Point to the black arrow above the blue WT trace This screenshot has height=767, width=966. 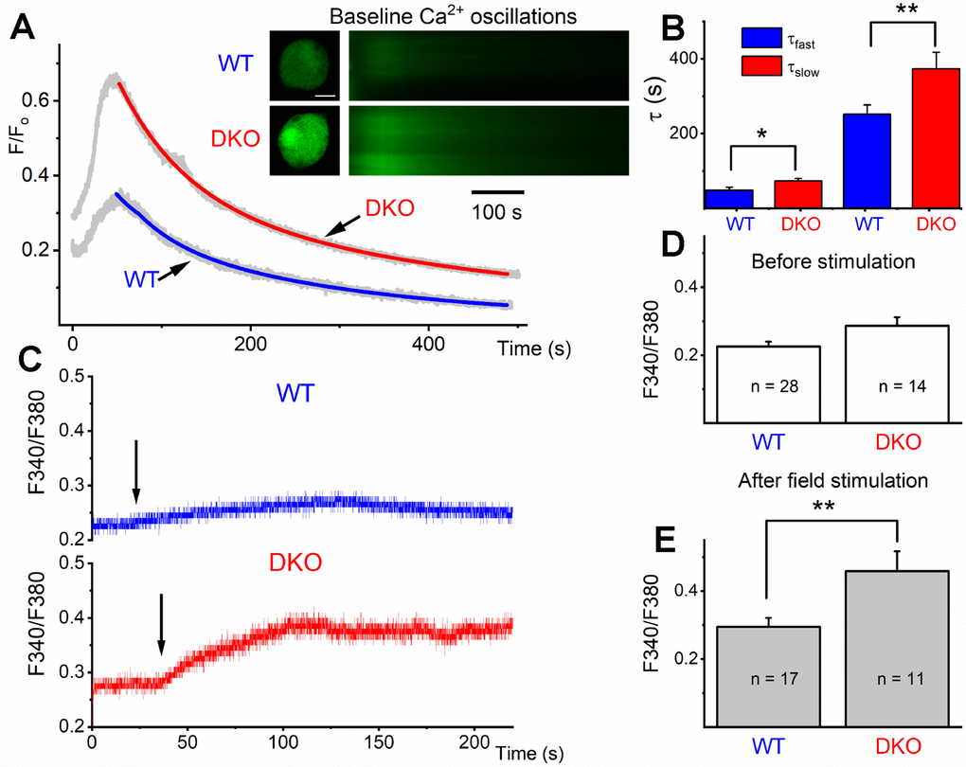point(136,471)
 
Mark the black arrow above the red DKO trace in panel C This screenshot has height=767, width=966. point(161,624)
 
